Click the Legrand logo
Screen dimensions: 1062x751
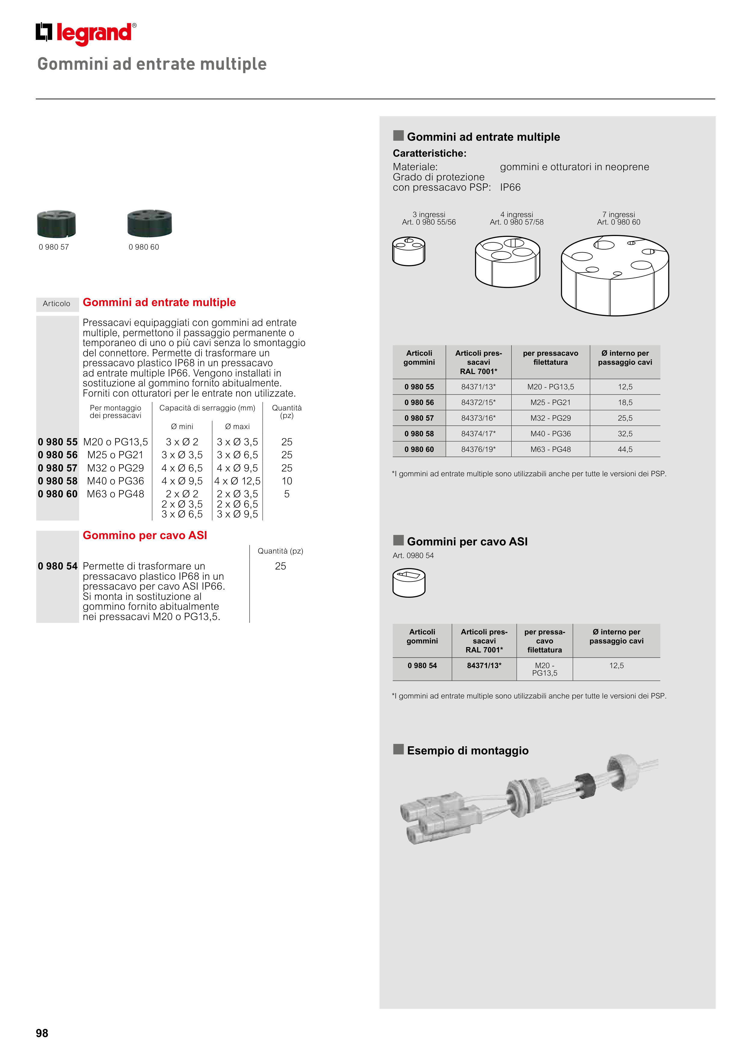pos(86,33)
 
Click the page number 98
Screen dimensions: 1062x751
pos(42,1033)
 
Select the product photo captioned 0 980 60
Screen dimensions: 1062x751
pos(149,223)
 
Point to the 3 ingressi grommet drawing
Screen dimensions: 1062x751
pos(409,251)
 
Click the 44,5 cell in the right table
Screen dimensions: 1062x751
pos(625,449)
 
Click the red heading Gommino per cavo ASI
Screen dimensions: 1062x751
pos(145,535)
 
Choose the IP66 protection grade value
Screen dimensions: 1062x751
pos(510,187)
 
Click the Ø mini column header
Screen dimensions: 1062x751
pos(182,426)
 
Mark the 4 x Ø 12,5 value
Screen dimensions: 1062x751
pos(237,481)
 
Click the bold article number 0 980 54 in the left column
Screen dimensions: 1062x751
pos(58,566)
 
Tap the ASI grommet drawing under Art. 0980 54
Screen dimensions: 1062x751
pos(409,583)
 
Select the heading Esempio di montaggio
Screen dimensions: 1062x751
pos(467,750)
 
